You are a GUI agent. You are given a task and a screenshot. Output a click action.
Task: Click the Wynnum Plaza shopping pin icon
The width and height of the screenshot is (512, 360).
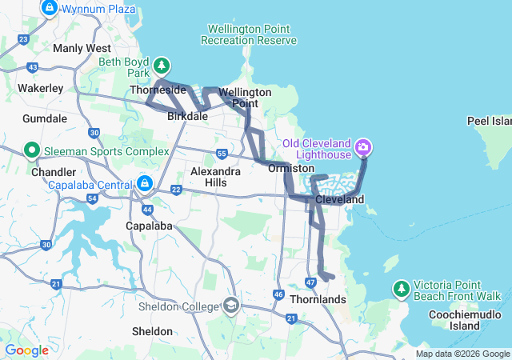tap(49, 7)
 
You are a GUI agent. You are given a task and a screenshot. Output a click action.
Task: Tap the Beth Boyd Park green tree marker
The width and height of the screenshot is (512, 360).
tap(162, 65)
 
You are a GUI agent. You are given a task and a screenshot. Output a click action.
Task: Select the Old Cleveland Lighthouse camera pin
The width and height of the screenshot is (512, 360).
tap(364, 147)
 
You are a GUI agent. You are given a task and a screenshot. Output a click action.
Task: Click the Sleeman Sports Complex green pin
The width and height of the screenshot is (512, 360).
tap(31, 150)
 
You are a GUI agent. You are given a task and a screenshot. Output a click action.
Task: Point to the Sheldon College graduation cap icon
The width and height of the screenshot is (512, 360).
tap(231, 306)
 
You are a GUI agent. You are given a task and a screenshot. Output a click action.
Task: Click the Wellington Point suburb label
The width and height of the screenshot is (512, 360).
tap(245, 98)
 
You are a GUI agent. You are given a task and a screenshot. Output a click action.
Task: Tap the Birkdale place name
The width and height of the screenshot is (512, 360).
tap(187, 117)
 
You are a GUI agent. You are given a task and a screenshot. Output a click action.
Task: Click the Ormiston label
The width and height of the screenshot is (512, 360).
tap(291, 169)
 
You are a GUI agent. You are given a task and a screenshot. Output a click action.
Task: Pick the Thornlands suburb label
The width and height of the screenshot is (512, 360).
tap(318, 300)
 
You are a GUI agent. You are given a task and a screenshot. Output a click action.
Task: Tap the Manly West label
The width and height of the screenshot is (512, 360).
tap(75, 48)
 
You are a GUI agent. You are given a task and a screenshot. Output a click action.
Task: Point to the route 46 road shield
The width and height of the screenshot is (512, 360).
tap(278, 295)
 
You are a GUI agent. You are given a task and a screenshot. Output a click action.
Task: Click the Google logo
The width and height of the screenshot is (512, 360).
tap(26, 350)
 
